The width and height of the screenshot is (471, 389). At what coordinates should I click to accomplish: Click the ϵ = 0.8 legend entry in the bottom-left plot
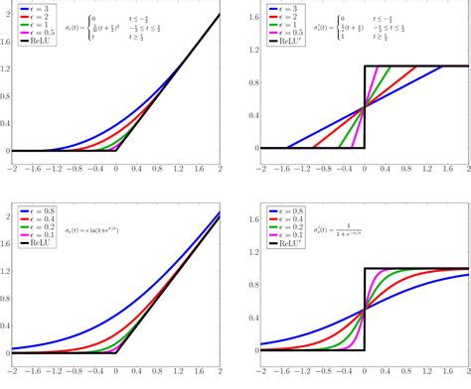[34, 211]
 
